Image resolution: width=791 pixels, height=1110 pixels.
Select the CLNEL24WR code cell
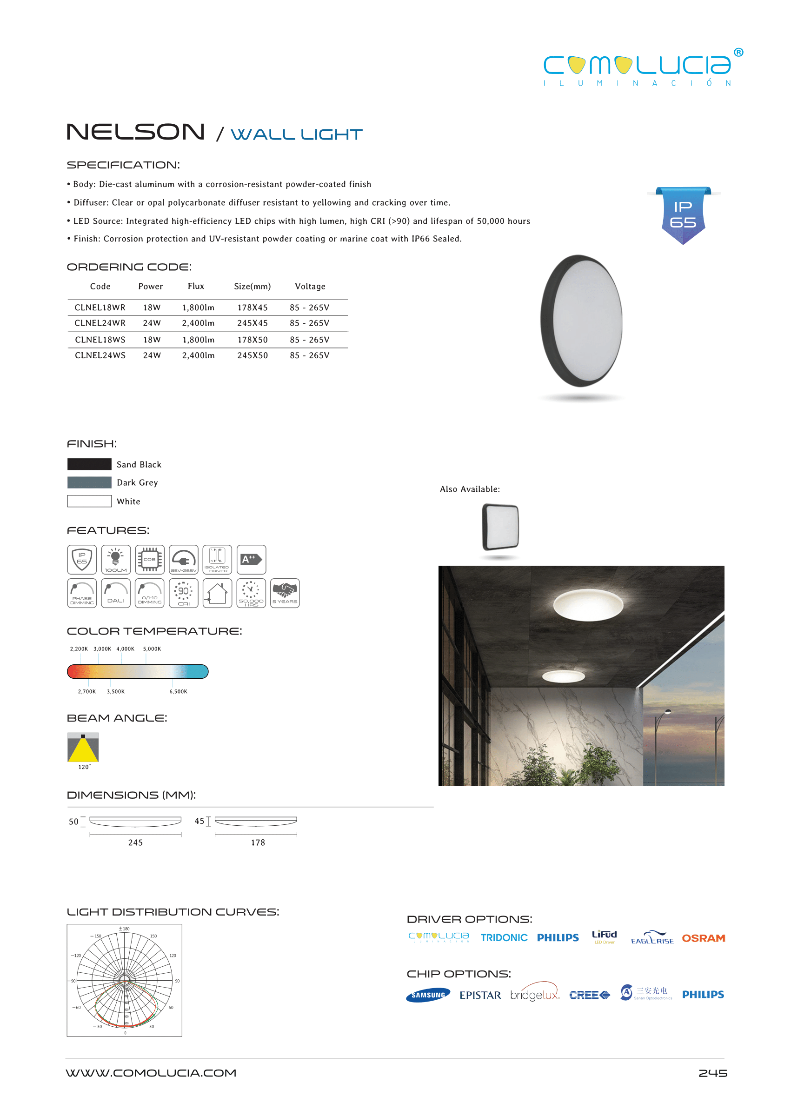click(x=100, y=323)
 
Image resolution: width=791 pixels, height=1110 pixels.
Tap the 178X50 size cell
click(x=253, y=340)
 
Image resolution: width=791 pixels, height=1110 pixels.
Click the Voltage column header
click(x=310, y=287)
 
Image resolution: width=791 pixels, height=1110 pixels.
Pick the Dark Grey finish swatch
click(x=89, y=482)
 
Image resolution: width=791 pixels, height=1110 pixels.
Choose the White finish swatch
click(x=89, y=501)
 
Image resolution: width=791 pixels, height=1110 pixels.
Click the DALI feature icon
click(x=116, y=593)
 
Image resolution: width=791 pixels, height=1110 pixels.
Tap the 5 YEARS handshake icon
click(x=285, y=593)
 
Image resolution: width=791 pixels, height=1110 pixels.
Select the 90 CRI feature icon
click(x=183, y=593)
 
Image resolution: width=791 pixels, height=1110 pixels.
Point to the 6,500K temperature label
click(x=178, y=691)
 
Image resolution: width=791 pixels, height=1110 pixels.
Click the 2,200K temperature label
click(x=79, y=649)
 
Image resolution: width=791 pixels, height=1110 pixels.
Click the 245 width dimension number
click(x=135, y=843)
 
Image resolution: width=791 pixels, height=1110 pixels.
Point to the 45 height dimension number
click(x=199, y=821)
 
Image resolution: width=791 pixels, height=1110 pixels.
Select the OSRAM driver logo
click(x=703, y=938)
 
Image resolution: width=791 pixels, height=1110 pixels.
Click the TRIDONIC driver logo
click(x=504, y=937)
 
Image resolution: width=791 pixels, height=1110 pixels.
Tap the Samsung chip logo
click(x=428, y=995)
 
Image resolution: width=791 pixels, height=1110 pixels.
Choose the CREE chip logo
click(x=589, y=995)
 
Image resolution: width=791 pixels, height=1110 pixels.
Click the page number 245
click(x=712, y=1073)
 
